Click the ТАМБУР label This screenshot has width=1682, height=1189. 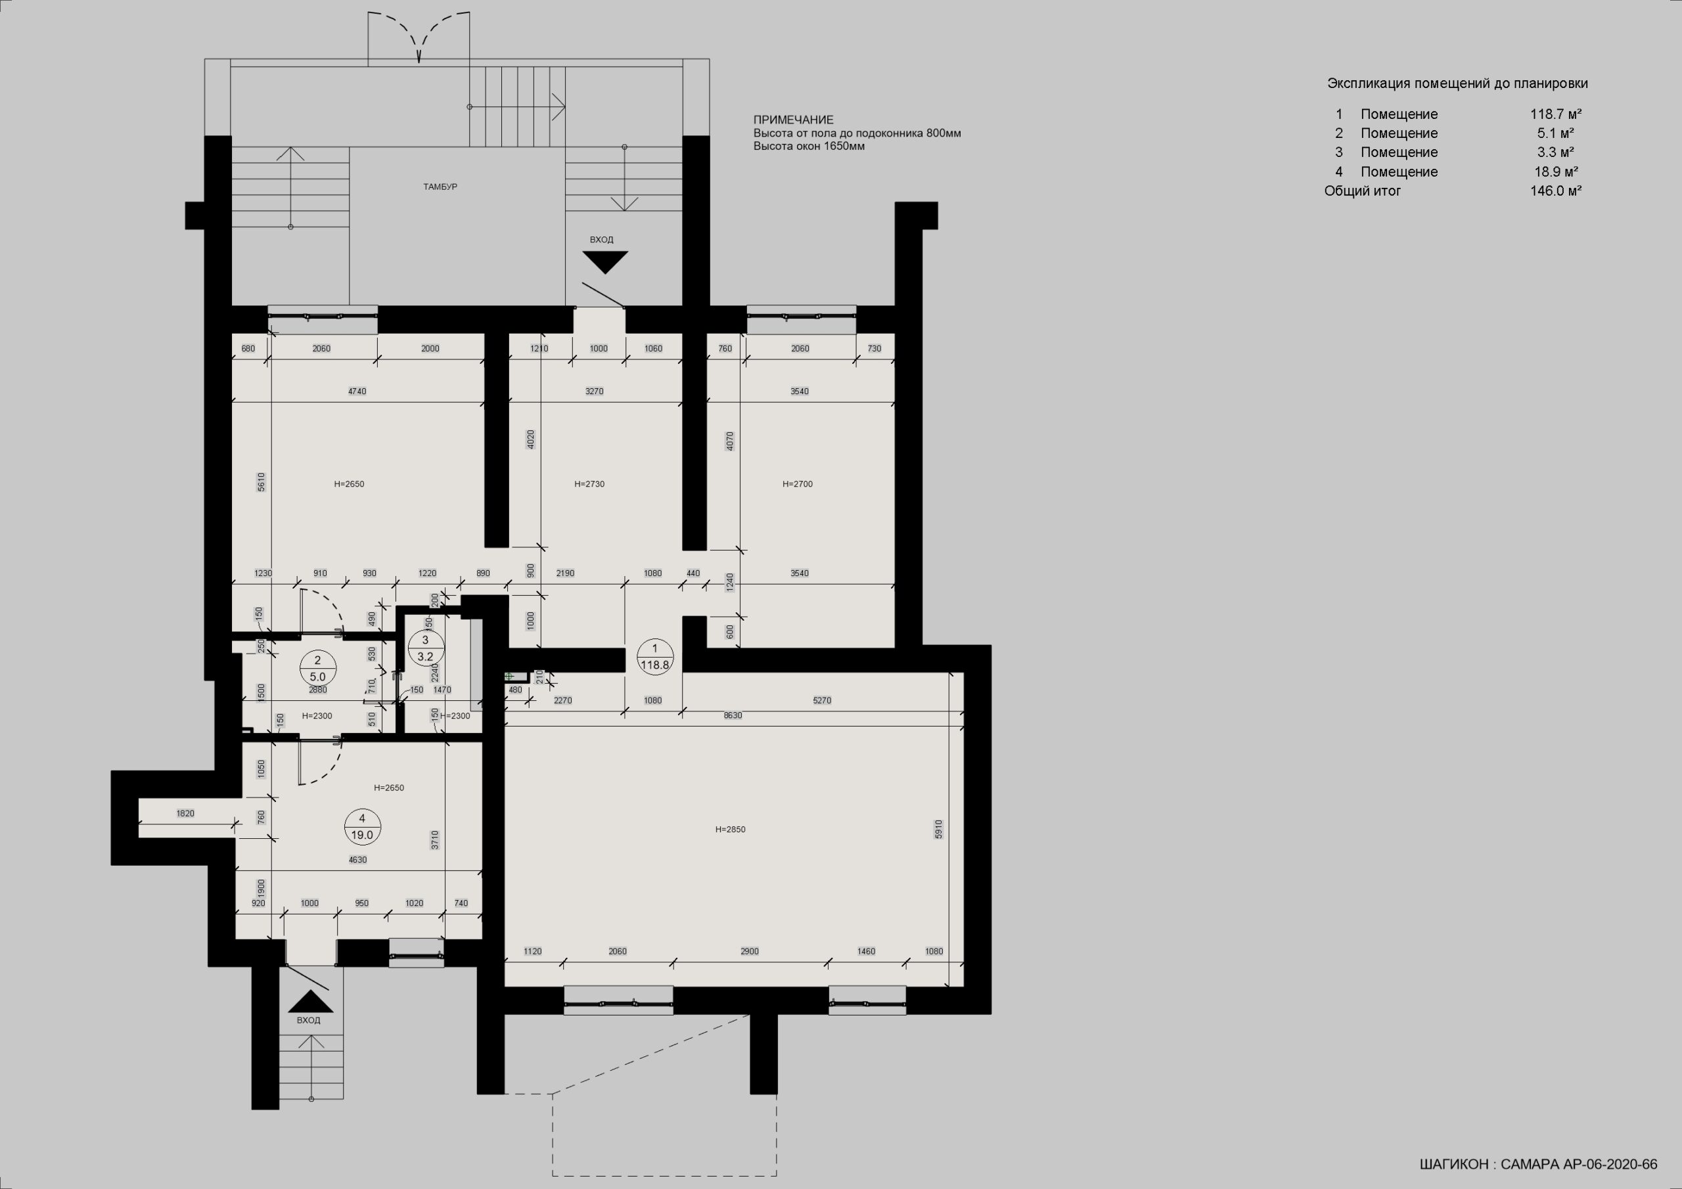pyautogui.click(x=440, y=187)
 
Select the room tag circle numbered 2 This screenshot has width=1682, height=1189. pyautogui.click(x=318, y=669)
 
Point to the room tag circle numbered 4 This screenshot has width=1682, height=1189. pyautogui.click(x=362, y=826)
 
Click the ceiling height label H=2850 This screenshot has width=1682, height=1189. pyautogui.click(x=731, y=829)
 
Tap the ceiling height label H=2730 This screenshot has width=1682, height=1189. pyautogui.click(x=590, y=483)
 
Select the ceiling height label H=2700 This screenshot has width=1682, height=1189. pyautogui.click(x=797, y=483)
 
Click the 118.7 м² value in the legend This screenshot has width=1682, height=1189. pyautogui.click(x=1556, y=114)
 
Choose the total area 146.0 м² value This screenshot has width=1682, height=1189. pyautogui.click(x=1555, y=191)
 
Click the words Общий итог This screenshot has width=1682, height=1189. pyautogui.click(x=1362, y=191)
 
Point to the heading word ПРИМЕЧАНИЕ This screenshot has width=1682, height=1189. pyautogui.click(x=794, y=120)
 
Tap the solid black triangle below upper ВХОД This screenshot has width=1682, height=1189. pyautogui.click(x=605, y=262)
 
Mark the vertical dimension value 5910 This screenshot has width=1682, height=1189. pyautogui.click(x=938, y=829)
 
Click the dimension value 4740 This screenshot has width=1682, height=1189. pyautogui.click(x=357, y=392)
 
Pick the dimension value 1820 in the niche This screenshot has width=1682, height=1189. pyautogui.click(x=185, y=813)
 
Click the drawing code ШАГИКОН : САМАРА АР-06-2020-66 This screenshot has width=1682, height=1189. pyautogui.click(x=1535, y=1163)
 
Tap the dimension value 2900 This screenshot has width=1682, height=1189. pyautogui.click(x=750, y=951)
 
